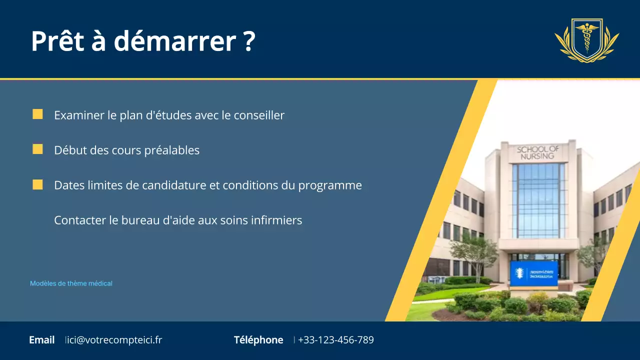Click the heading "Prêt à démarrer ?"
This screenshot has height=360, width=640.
pyautogui.click(x=143, y=41)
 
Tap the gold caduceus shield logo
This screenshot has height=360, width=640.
pyautogui.click(x=586, y=40)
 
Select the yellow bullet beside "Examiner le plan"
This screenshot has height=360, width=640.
pyautogui.click(x=37, y=114)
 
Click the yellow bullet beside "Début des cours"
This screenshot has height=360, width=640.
pyautogui.click(x=37, y=149)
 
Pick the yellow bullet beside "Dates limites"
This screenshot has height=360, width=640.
pyautogui.click(x=37, y=184)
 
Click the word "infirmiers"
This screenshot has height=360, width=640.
pyautogui.click(x=277, y=220)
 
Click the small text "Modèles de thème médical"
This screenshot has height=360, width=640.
pyautogui.click(x=71, y=283)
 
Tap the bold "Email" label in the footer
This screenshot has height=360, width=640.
pyautogui.click(x=42, y=340)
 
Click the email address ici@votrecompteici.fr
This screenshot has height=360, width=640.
pyautogui.click(x=114, y=340)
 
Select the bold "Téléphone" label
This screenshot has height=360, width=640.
pyautogui.click(x=258, y=340)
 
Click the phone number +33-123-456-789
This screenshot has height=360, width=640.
pyautogui.click(x=335, y=340)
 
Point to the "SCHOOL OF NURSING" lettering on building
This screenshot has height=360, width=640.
pyautogui.click(x=538, y=152)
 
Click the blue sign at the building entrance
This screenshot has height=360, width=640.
pyautogui.click(x=533, y=273)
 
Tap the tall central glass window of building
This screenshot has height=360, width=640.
pyautogui.click(x=538, y=200)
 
